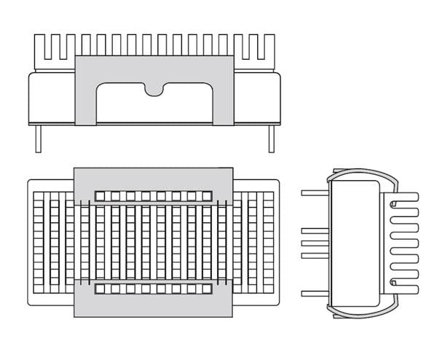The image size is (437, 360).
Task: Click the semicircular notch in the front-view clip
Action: [x=154, y=90]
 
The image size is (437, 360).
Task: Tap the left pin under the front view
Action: [x=38, y=138]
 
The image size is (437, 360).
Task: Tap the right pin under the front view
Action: [x=271, y=138]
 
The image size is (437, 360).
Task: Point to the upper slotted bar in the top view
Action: [x=154, y=196]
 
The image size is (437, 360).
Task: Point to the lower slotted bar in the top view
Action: [x=154, y=289]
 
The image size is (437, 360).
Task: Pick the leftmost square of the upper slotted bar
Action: [x=101, y=196]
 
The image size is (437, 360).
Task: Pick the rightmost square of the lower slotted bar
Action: [x=207, y=289]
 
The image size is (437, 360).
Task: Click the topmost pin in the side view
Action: [x=315, y=192]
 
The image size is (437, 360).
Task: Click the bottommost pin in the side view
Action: [x=315, y=293]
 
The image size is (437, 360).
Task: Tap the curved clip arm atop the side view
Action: [x=362, y=173]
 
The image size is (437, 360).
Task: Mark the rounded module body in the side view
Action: [x=355, y=243]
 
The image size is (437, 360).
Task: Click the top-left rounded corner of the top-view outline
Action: [x=30, y=182]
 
